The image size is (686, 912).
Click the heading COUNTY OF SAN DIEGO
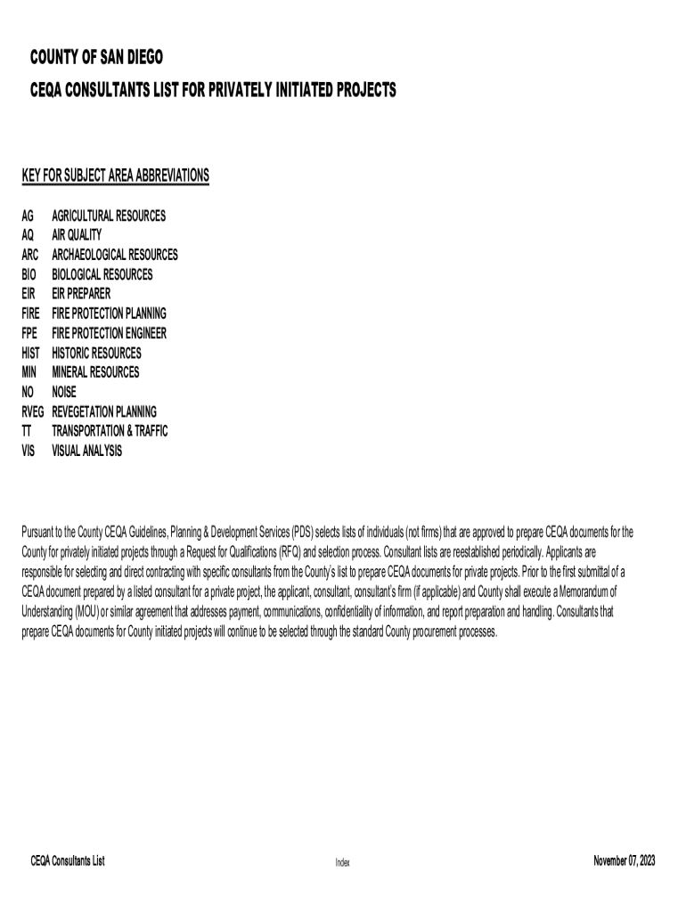coord(96,59)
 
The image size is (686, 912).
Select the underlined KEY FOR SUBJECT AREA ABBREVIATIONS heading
coord(115,175)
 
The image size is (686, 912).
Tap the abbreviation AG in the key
coord(29,216)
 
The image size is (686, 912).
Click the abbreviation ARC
coord(31,255)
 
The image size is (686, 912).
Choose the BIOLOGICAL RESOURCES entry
coord(102,274)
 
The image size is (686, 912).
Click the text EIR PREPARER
coord(82,294)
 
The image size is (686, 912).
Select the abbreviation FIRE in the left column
coord(32,313)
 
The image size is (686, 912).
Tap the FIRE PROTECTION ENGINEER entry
coord(109,333)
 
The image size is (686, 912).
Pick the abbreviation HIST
coord(32,353)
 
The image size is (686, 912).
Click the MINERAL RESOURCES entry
coord(95,372)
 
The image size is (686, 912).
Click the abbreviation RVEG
coord(34,411)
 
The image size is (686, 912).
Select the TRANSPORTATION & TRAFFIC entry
coord(110,431)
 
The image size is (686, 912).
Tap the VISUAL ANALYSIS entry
coord(87,451)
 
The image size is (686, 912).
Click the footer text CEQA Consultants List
coord(68,861)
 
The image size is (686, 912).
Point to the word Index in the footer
coord(343,862)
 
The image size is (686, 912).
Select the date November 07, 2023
coord(624,861)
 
